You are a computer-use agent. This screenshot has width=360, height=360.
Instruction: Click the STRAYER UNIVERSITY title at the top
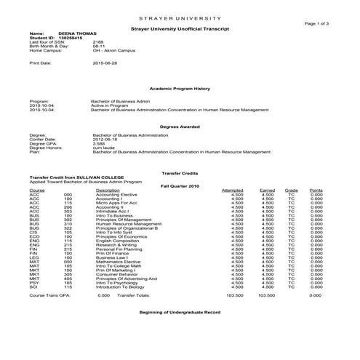pos(180,16)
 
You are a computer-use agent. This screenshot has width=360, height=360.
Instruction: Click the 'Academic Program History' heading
pos(180,88)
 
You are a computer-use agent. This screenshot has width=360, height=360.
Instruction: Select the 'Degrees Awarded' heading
pos(180,127)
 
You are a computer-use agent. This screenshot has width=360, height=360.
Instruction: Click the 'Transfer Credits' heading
pos(180,172)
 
